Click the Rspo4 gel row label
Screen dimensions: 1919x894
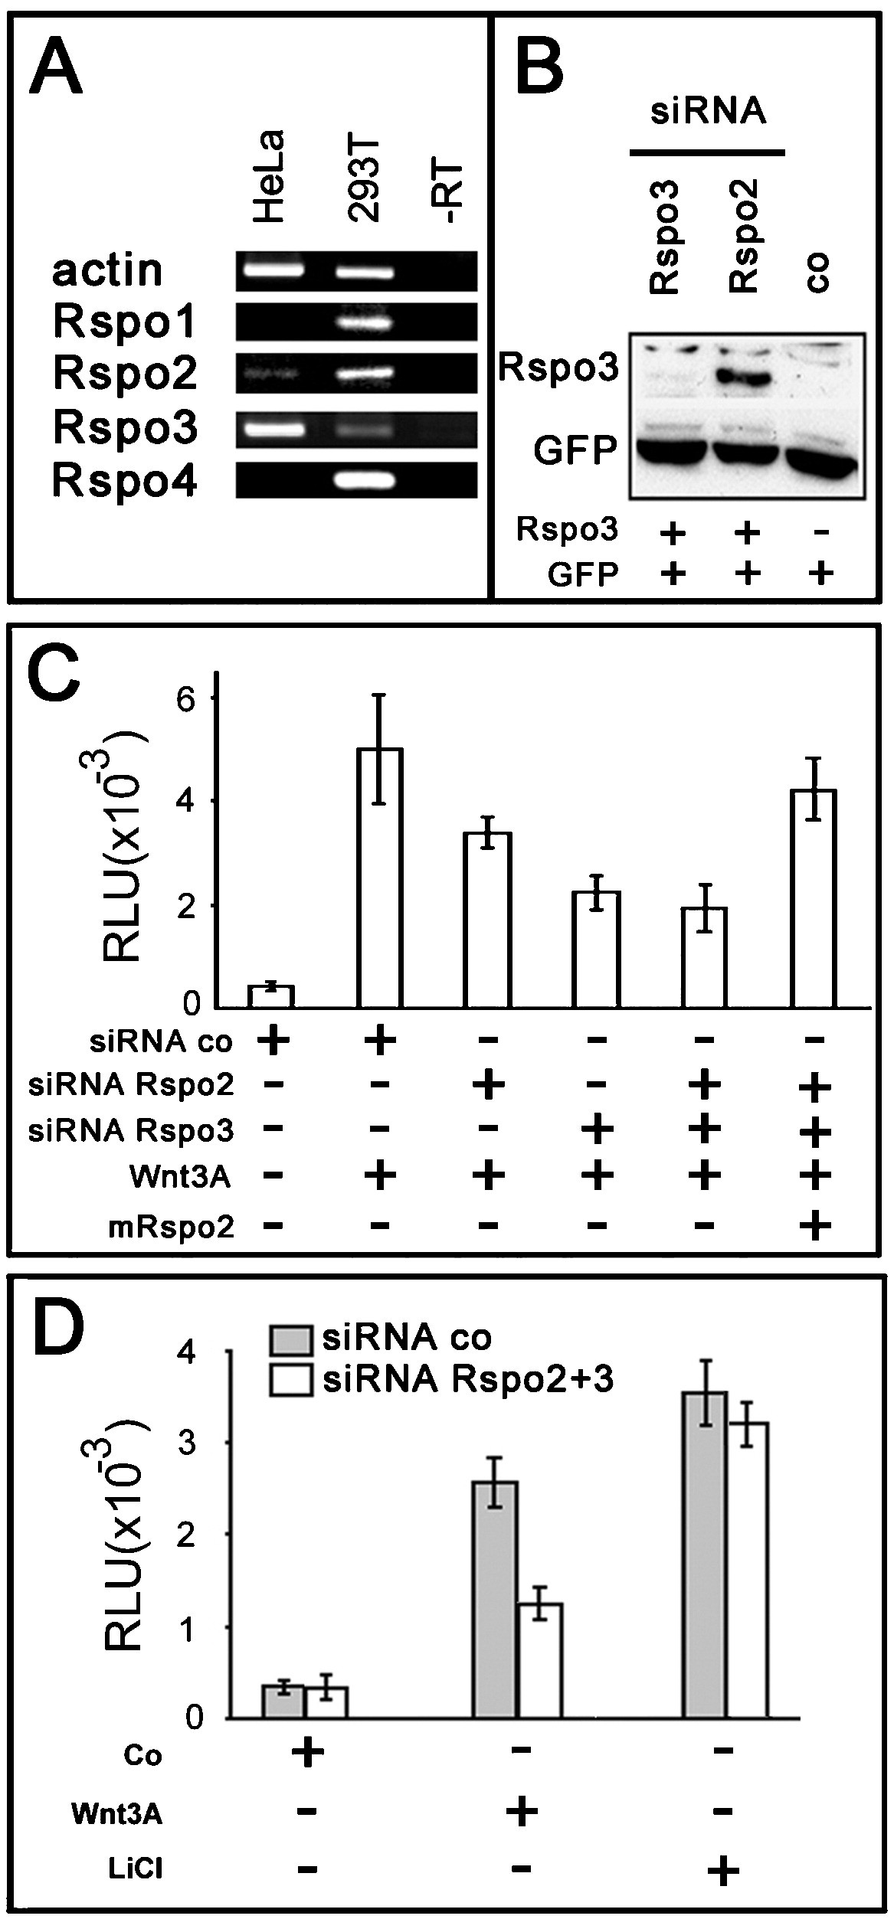(124, 482)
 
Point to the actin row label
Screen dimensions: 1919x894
(108, 270)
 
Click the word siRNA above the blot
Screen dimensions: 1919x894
(708, 112)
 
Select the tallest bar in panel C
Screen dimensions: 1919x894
(379, 878)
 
